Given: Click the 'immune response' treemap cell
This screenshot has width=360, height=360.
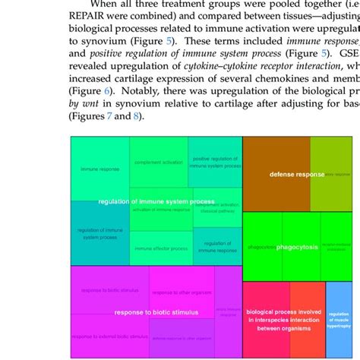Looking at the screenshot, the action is point(99,169).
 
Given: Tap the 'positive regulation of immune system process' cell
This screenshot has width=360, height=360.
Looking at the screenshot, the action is point(216,162).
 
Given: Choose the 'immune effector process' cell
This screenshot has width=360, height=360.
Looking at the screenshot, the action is point(160,248).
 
